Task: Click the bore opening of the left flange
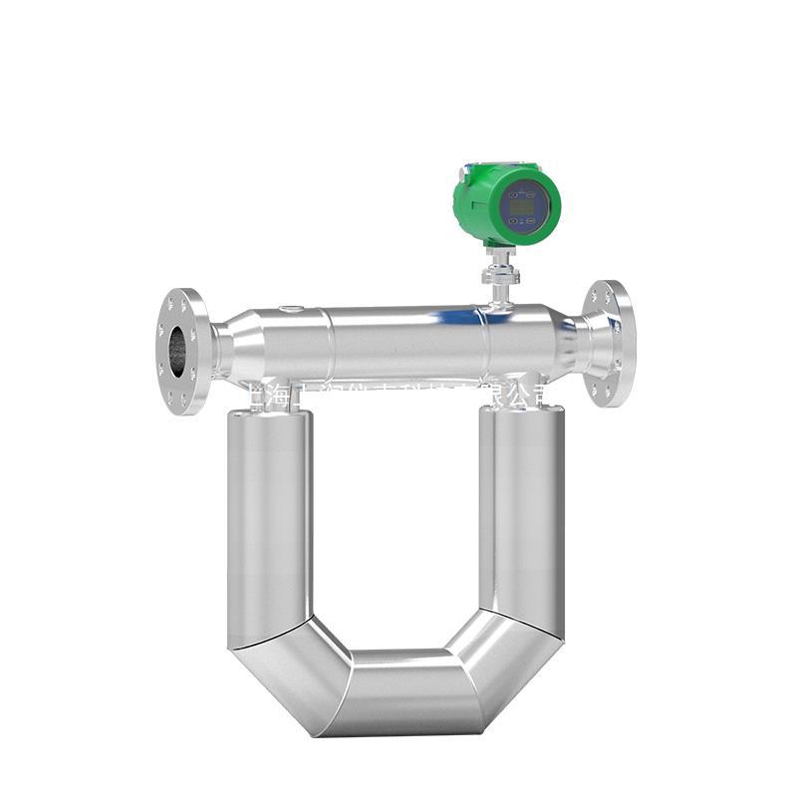coord(177,351)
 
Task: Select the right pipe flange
coord(610,344)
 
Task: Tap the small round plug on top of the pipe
coord(289,310)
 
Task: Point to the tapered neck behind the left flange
coord(231,348)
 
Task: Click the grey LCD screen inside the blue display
coord(523,207)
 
